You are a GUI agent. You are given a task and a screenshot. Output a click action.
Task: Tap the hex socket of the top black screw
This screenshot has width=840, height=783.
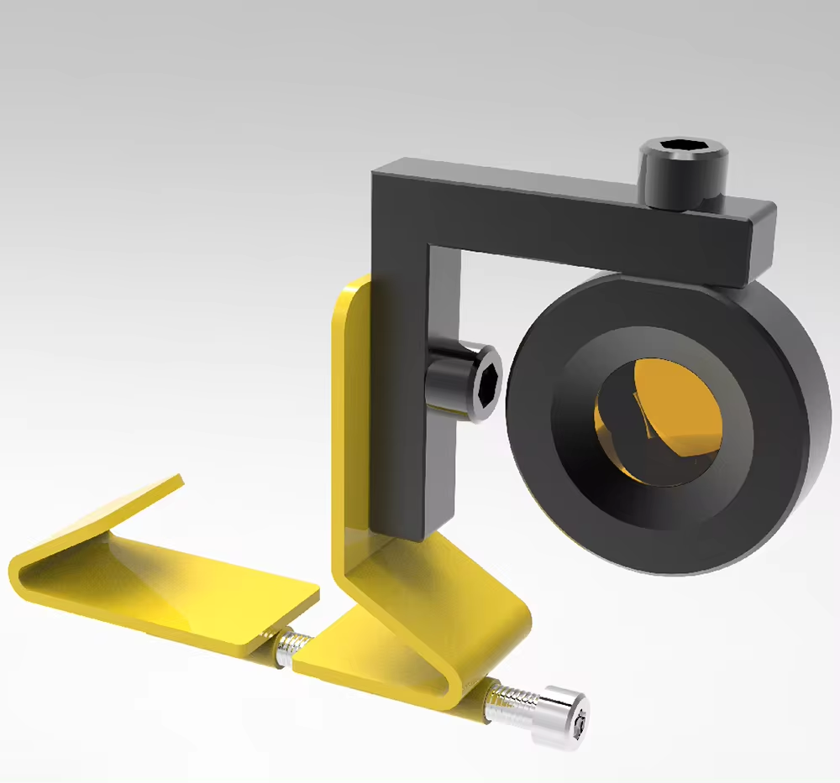[x=682, y=152]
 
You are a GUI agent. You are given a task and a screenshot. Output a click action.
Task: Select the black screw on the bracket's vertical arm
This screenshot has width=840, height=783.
[x=466, y=382]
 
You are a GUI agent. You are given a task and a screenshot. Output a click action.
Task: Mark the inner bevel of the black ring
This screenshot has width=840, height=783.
[x=580, y=436]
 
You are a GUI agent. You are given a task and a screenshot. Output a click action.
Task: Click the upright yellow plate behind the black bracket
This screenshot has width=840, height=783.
[x=351, y=420]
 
